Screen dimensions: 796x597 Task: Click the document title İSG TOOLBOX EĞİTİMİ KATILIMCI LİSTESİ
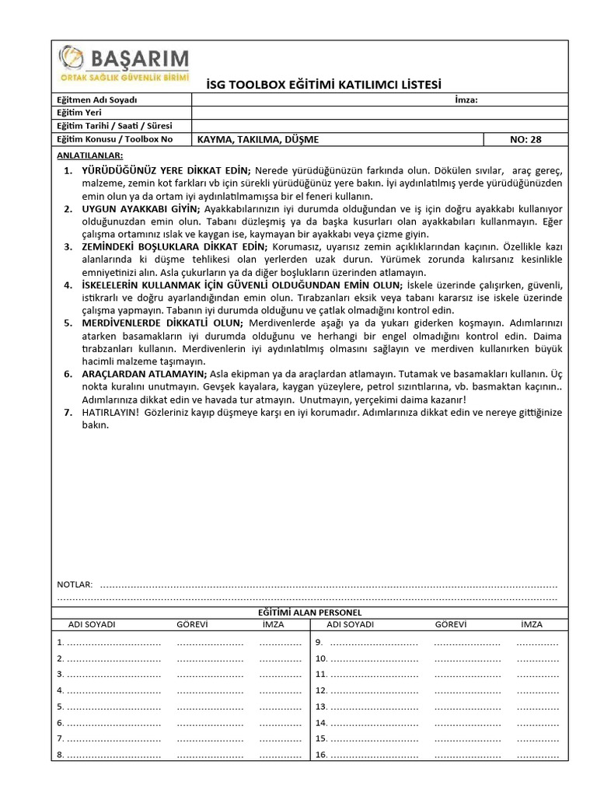(323, 84)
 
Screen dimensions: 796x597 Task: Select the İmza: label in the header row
(465, 99)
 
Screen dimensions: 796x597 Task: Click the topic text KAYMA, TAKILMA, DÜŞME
(258, 139)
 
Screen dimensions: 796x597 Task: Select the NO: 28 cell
(525, 139)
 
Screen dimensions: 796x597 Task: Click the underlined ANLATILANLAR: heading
(89, 155)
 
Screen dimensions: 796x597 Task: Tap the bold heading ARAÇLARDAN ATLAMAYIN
(145, 374)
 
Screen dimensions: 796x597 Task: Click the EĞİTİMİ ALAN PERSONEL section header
(309, 613)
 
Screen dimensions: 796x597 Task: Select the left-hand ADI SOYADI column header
(92, 625)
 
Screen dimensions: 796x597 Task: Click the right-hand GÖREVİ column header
(450, 625)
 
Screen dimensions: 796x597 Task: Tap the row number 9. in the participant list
(319, 642)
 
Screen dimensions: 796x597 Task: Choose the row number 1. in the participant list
(61, 642)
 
